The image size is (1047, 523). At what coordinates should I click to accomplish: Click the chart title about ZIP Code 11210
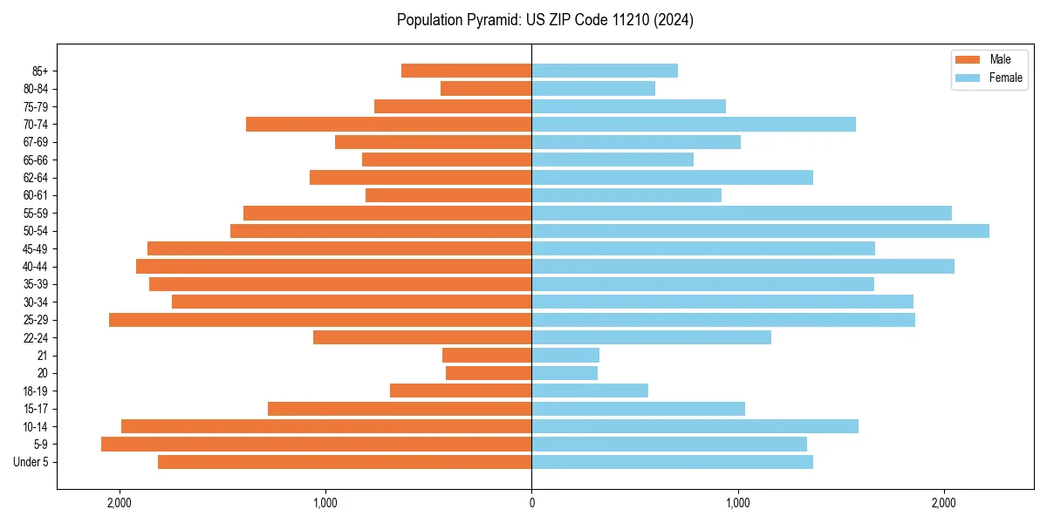[544, 20]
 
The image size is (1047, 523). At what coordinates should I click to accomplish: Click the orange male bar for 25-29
[320, 320]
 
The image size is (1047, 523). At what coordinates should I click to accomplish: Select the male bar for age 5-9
[316, 445]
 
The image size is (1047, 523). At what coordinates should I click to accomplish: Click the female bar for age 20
[565, 373]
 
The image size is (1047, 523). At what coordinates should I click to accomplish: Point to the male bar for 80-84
[486, 88]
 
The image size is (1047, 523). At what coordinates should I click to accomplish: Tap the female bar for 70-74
[694, 124]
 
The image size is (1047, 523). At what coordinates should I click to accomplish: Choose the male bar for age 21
[487, 356]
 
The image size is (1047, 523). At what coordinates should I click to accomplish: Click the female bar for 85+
[605, 71]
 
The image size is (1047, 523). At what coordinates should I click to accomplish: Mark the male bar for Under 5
[345, 462]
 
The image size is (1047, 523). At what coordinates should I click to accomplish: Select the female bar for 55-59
[742, 213]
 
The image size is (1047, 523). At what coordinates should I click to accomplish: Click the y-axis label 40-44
[36, 267]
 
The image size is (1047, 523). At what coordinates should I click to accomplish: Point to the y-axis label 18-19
[36, 391]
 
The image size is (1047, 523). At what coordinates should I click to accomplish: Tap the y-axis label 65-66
[36, 160]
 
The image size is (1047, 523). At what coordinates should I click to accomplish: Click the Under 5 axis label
[31, 462]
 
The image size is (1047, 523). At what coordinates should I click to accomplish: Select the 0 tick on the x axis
[531, 503]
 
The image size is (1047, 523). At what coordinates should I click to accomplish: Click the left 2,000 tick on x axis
[119, 503]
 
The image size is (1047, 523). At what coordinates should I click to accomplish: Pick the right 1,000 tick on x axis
[737, 503]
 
